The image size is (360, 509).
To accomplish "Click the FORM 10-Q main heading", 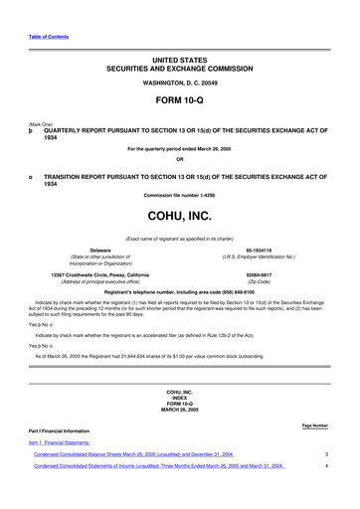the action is [179, 101].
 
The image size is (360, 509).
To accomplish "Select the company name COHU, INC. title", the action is [179, 214].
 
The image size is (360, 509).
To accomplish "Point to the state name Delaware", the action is [99, 252].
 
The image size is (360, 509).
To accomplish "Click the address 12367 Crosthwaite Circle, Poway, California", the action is [99, 273].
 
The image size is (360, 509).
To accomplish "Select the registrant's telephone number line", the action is [179, 292].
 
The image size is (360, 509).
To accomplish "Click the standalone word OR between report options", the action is [179, 159].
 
